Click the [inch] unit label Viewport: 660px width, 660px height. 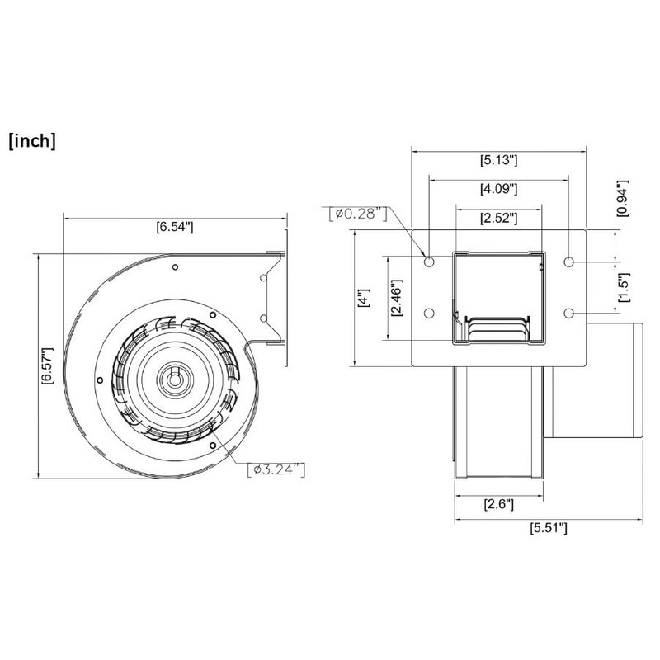(32, 141)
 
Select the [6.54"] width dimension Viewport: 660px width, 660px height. (174, 228)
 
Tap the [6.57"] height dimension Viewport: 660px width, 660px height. (48, 365)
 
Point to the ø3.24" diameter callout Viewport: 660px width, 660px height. (278, 469)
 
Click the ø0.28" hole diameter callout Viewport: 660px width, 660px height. (357, 214)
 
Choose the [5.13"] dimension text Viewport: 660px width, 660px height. (498, 161)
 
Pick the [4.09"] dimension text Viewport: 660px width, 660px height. (498, 190)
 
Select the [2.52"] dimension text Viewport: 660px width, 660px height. (498, 219)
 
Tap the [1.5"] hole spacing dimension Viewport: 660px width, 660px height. (625, 288)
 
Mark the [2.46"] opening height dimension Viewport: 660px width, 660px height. (397, 298)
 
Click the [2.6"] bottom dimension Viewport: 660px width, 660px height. (498, 503)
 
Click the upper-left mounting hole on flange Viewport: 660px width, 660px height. (429, 262)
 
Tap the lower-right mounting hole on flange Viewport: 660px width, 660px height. (570, 313)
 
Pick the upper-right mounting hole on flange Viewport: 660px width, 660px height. (570, 262)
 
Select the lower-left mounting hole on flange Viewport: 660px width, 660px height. (429, 313)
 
